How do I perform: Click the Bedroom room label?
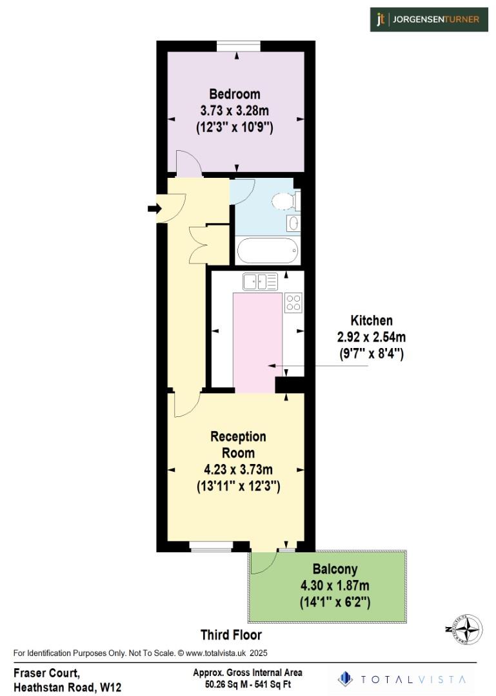(235, 94)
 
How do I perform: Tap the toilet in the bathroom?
(284, 201)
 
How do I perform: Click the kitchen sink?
(259, 281)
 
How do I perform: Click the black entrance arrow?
(155, 208)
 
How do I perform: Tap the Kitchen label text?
(371, 320)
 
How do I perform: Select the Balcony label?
(335, 570)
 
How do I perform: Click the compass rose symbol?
(470, 630)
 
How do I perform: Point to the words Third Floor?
(231, 634)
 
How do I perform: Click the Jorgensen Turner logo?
(429, 19)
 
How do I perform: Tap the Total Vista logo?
(405, 679)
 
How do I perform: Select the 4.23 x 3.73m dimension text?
(238, 470)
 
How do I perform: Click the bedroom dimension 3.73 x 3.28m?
(235, 111)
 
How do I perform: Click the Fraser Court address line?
(46, 673)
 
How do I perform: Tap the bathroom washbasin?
(293, 224)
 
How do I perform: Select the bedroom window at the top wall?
(238, 46)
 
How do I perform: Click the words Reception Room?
(238, 445)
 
